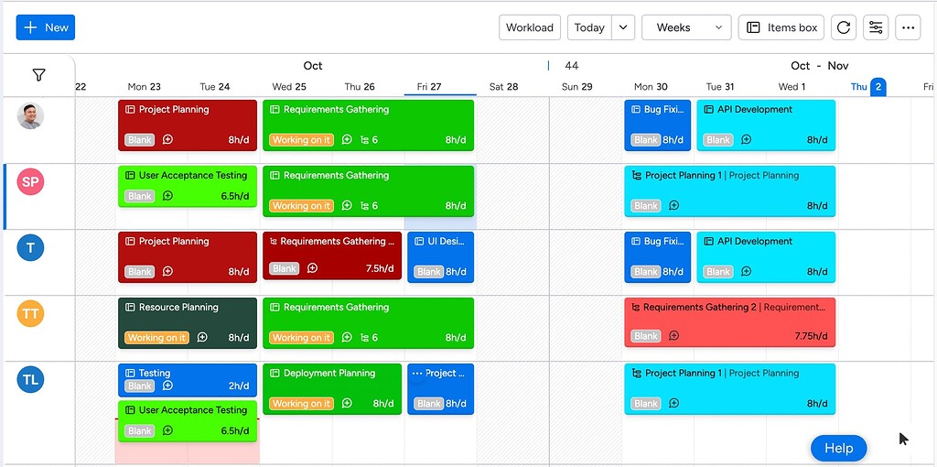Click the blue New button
click(45, 27)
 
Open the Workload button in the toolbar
click(530, 27)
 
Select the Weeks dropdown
click(686, 27)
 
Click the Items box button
click(781, 27)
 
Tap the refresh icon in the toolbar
click(844, 27)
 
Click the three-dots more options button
click(908, 27)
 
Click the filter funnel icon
click(38, 75)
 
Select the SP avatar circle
click(30, 181)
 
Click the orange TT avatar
click(30, 314)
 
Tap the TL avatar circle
click(30, 380)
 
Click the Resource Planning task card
click(187, 321)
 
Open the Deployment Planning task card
click(331, 387)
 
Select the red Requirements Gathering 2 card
click(729, 321)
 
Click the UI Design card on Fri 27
click(440, 255)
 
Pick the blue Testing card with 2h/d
click(187, 379)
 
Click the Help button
click(838, 448)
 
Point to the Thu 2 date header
click(867, 87)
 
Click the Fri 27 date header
click(429, 87)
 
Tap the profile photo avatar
click(30, 116)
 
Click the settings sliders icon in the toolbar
click(876, 27)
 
